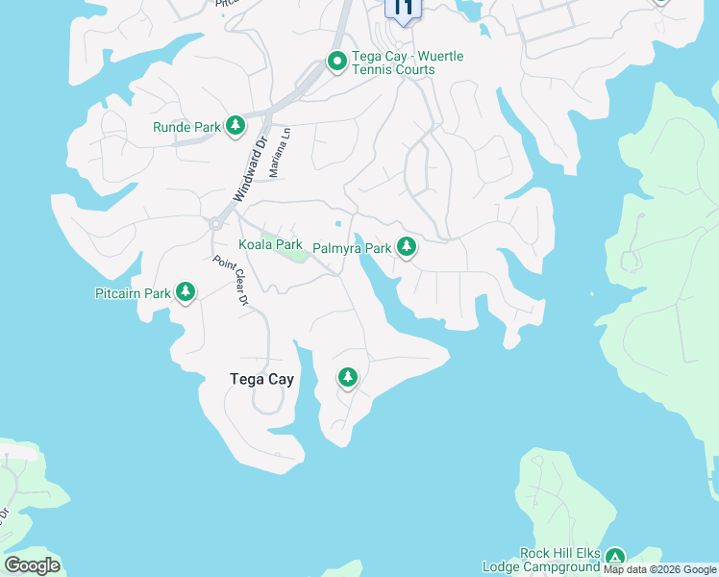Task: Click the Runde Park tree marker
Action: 236,126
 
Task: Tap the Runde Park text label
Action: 187,127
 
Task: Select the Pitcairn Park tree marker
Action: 186,292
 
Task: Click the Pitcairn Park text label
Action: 133,293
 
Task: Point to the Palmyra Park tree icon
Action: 407,247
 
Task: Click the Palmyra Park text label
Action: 352,248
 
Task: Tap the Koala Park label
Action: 271,244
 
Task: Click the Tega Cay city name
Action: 261,379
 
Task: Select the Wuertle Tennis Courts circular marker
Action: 337,63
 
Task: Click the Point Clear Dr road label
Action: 231,281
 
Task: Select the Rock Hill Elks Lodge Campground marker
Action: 614,558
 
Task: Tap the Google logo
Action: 32,564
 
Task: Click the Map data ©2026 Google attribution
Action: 659,570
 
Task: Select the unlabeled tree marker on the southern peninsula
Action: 347,378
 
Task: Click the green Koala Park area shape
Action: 285,248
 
